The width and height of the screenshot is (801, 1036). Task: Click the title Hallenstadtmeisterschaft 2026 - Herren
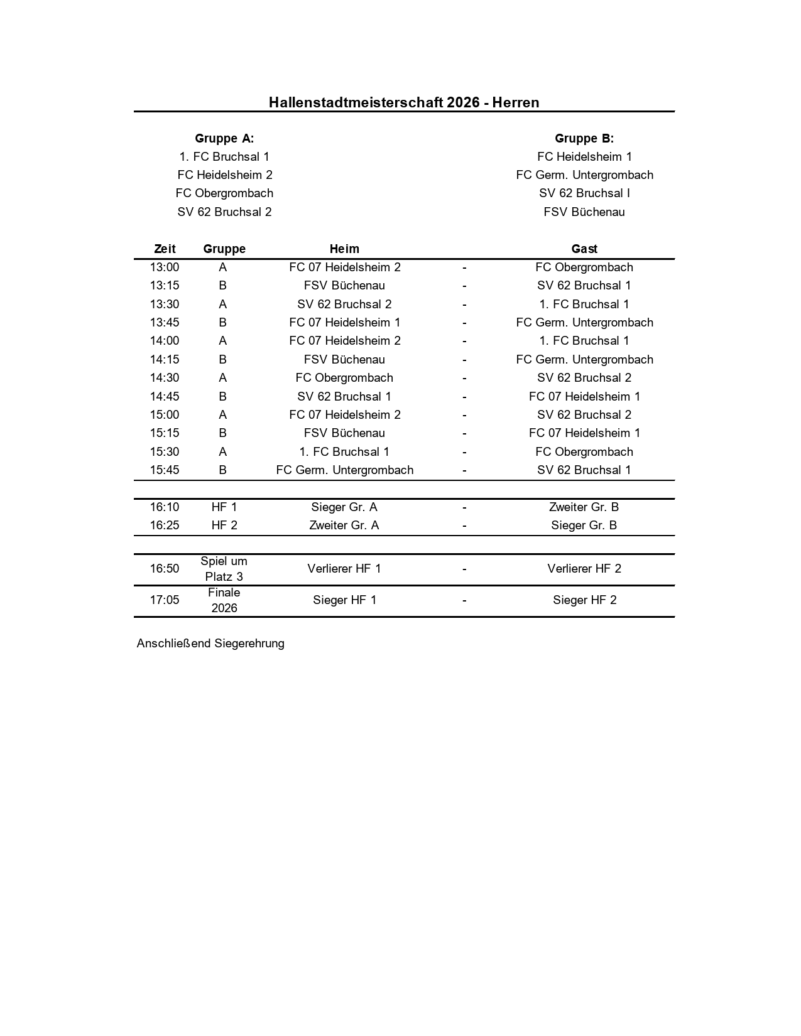click(404, 102)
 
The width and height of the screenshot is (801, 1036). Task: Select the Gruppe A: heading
click(224, 138)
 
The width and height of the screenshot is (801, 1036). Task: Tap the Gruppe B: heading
click(584, 138)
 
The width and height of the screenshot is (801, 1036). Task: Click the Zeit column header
click(165, 249)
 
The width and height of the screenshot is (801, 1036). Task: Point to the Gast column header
click(584, 249)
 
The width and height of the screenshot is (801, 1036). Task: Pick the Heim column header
click(344, 249)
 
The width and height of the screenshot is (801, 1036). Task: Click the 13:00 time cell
click(165, 267)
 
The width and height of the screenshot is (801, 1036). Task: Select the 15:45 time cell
click(165, 470)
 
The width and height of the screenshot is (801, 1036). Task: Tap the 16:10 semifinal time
click(165, 507)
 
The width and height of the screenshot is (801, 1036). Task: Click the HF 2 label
click(224, 525)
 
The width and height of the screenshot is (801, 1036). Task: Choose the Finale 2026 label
click(224, 600)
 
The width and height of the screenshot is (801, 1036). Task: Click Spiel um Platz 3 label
click(224, 569)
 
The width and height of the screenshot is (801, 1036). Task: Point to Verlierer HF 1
click(344, 568)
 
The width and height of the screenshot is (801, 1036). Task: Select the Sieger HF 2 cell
click(584, 600)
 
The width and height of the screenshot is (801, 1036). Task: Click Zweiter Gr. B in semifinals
click(584, 507)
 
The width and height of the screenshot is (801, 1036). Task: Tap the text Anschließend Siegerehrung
click(210, 643)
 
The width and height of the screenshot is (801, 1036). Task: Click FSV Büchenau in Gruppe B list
click(584, 212)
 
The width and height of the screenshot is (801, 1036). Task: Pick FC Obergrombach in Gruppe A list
click(224, 193)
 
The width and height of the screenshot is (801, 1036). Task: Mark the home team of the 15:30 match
click(344, 451)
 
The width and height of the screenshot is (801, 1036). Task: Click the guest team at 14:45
click(584, 396)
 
